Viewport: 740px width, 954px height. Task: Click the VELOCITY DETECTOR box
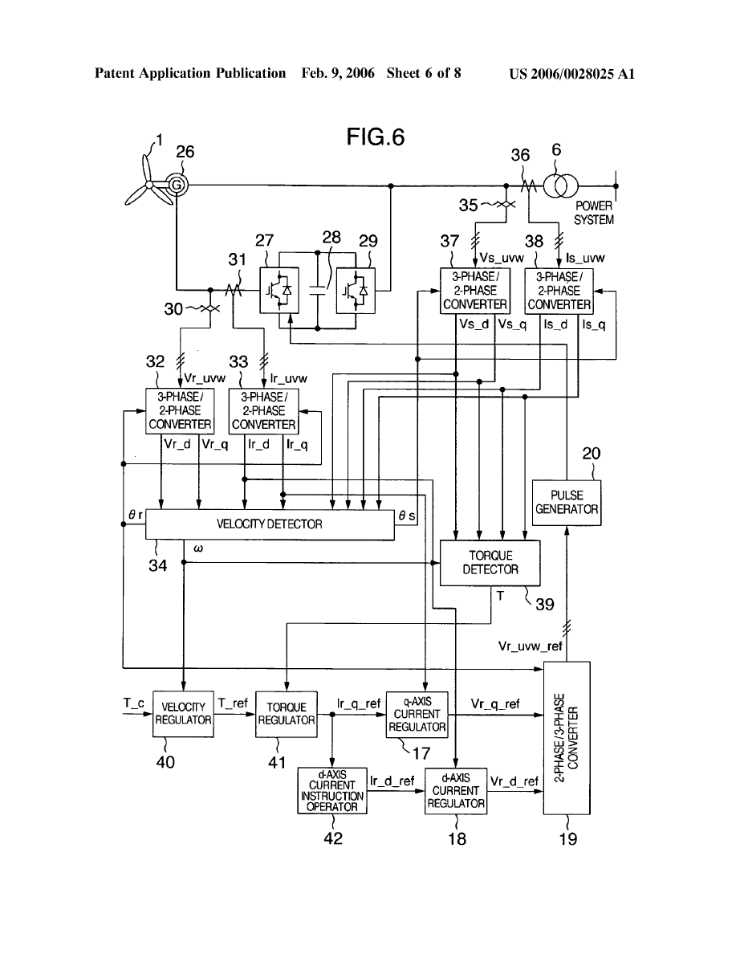coord(270,524)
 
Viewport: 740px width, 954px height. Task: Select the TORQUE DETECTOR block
coord(490,562)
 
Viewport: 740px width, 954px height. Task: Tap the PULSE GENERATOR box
coord(567,502)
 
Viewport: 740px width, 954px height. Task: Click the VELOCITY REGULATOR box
coord(184,713)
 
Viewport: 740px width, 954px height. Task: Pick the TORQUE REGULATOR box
coord(286,713)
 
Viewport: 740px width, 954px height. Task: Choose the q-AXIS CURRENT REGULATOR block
coord(417,713)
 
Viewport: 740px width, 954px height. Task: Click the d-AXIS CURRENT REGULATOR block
coord(456,790)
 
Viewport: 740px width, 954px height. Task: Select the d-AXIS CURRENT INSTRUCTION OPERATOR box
coord(332,790)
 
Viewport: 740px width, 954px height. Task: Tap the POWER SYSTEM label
coord(594,213)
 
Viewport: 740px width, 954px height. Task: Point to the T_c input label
coord(133,702)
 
